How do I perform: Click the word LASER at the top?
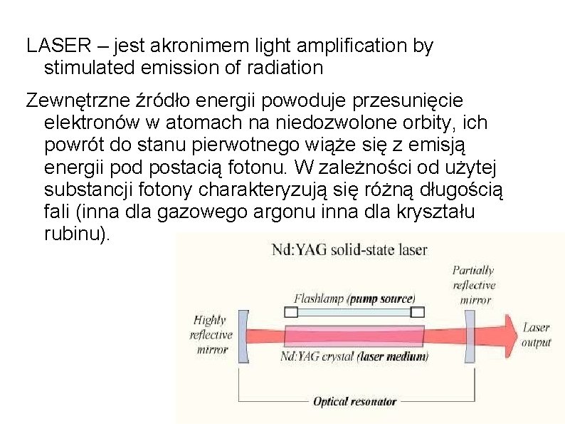pos(56,47)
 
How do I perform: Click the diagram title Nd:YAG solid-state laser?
pos(350,249)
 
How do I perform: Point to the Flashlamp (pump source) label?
pos(354,298)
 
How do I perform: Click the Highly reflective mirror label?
pos(211,335)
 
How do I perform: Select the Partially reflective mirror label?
pos(473,284)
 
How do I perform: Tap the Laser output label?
pos(537,335)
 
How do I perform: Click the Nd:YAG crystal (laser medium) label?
pos(354,356)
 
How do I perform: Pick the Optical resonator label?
pos(354,401)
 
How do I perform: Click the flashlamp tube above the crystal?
pos(354,311)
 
